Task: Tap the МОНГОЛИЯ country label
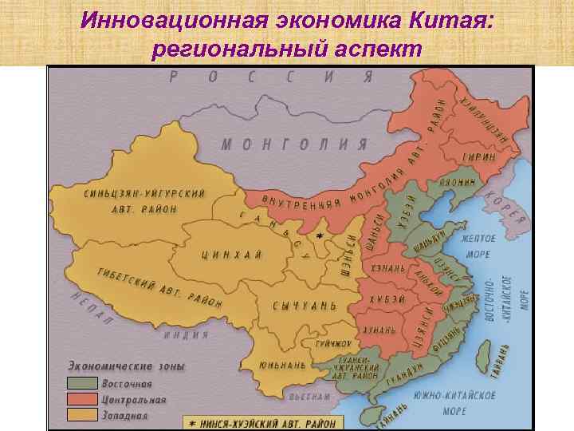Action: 294,144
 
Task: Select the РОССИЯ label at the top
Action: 271,77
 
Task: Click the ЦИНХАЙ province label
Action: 231,255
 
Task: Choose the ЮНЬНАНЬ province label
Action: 281,365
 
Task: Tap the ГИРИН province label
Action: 479,157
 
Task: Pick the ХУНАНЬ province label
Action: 379,330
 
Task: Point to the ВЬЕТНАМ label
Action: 309,397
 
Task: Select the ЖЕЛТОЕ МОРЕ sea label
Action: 478,246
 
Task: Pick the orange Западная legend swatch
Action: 81,415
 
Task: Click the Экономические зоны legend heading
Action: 126,366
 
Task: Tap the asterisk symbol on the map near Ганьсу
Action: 320,237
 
